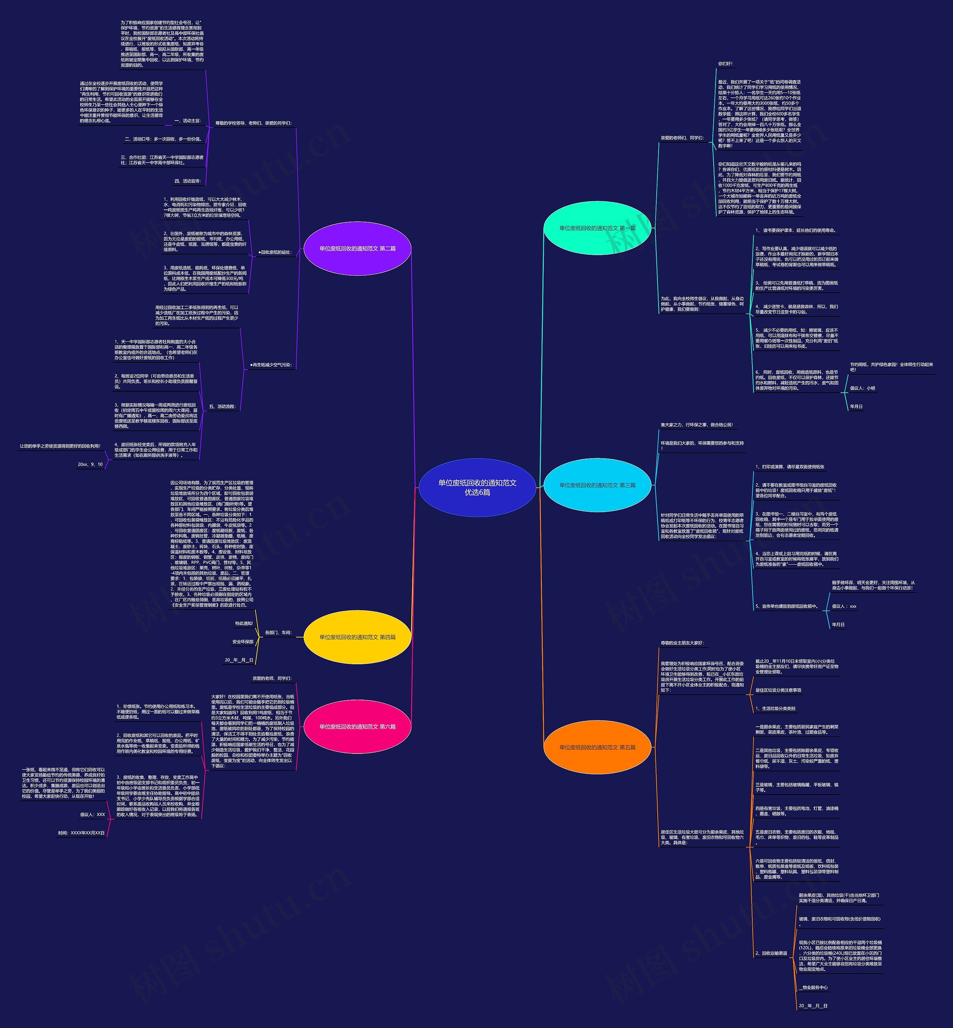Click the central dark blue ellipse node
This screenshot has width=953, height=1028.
click(x=477, y=488)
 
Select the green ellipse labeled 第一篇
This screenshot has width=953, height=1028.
click(x=597, y=228)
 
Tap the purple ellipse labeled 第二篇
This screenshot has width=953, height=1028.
click(x=357, y=248)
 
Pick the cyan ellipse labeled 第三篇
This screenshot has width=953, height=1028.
click(x=597, y=485)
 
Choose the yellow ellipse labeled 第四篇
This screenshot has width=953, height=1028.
click(x=357, y=637)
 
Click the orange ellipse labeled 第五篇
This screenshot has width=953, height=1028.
click(x=597, y=747)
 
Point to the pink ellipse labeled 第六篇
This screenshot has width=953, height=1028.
click(x=357, y=727)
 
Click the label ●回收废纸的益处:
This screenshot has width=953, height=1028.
click(x=275, y=253)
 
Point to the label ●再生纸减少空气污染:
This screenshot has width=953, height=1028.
click(x=271, y=365)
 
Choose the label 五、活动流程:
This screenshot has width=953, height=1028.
click(x=222, y=407)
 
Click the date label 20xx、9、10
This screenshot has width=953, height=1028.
click(x=90, y=464)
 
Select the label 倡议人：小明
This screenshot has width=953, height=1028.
click(x=862, y=388)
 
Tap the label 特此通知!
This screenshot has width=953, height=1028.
click(x=244, y=623)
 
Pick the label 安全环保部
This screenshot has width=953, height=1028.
click(x=243, y=642)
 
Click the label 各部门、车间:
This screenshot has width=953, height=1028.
click(x=278, y=632)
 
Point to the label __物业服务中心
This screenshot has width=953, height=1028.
click(x=813, y=987)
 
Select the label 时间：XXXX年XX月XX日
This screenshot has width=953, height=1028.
click(x=82, y=833)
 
